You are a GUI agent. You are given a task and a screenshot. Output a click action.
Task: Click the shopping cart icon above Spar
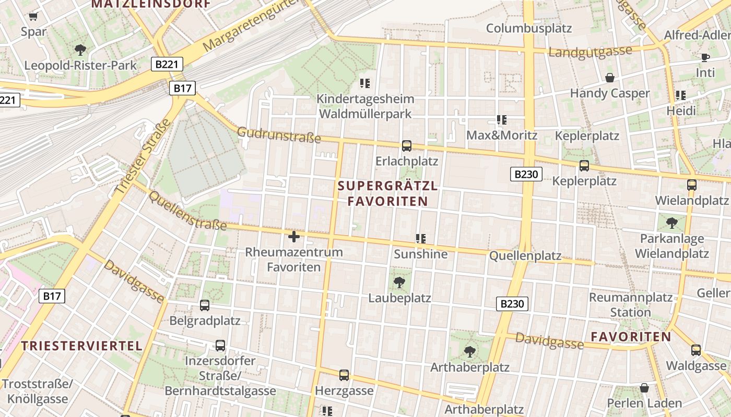[x=33, y=17]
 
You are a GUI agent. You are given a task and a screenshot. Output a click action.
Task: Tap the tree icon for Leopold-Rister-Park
[x=80, y=50]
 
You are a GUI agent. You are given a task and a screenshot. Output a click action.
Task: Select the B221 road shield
[x=167, y=64]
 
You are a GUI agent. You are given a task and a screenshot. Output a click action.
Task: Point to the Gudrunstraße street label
[x=279, y=134]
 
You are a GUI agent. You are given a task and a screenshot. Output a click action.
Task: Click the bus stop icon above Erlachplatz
[x=407, y=146]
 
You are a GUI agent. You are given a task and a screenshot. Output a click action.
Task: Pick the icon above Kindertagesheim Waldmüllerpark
[x=365, y=83]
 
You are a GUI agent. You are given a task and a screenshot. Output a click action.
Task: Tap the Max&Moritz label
[x=501, y=136]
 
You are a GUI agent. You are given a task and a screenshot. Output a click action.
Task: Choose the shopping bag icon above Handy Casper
[x=609, y=78]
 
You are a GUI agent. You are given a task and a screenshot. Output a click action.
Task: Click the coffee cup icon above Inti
[x=705, y=57]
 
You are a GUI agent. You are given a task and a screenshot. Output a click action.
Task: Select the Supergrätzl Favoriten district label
[x=387, y=193]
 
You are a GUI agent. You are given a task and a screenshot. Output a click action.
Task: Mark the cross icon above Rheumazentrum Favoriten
[x=294, y=237]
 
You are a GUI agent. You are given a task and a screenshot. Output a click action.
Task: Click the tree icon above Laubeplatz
[x=399, y=283]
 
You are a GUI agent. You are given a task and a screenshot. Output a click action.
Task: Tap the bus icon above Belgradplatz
[x=205, y=305]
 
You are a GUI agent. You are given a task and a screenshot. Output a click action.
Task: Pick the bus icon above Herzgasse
[x=344, y=375]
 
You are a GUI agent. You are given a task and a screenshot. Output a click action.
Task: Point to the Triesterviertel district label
[x=82, y=346]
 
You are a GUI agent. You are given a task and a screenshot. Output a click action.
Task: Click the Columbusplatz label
[x=529, y=28]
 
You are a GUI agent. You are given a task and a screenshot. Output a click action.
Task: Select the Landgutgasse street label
[x=590, y=52]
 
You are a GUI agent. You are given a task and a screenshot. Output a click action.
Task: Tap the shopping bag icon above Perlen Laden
[x=644, y=388]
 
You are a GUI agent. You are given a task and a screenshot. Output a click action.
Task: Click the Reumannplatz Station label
[x=631, y=305]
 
